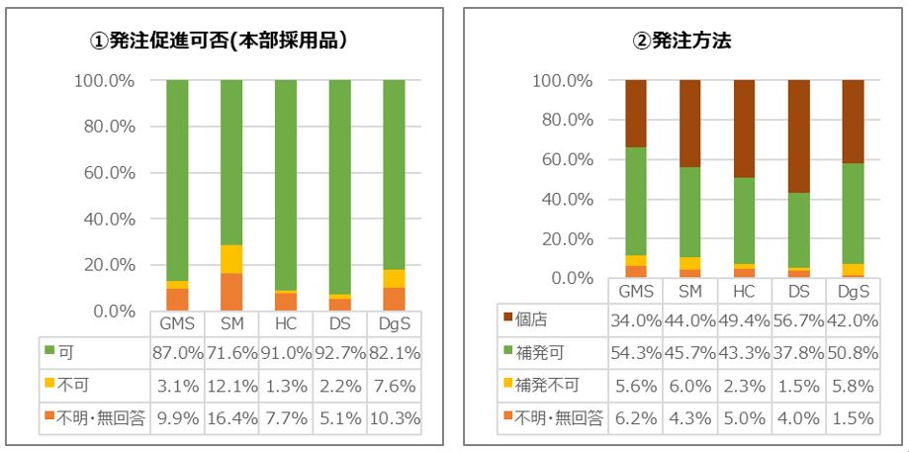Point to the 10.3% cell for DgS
[395, 418]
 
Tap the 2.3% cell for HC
[743, 387]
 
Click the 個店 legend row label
[535, 322]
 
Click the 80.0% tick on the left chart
[107, 127]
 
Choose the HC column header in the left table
[285, 324]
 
